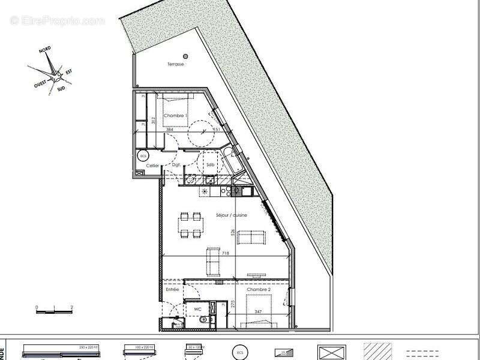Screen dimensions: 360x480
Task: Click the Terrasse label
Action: pyautogui.click(x=176, y=64)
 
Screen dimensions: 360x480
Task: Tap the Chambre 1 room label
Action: pyautogui.click(x=176, y=115)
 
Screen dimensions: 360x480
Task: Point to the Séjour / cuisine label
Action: pyautogui.click(x=232, y=215)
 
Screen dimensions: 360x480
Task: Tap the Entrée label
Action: pyautogui.click(x=172, y=289)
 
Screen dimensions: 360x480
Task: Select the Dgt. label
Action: pyautogui.click(x=176, y=164)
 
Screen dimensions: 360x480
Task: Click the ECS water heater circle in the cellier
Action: pyautogui.click(x=143, y=155)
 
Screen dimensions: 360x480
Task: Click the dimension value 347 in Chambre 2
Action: pyautogui.click(x=258, y=313)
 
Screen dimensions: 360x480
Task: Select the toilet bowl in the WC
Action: pyautogui.click(x=204, y=320)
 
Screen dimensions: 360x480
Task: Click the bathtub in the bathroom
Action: pyautogui.click(x=231, y=161)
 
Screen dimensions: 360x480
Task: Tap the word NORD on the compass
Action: pyautogui.click(x=45, y=52)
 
